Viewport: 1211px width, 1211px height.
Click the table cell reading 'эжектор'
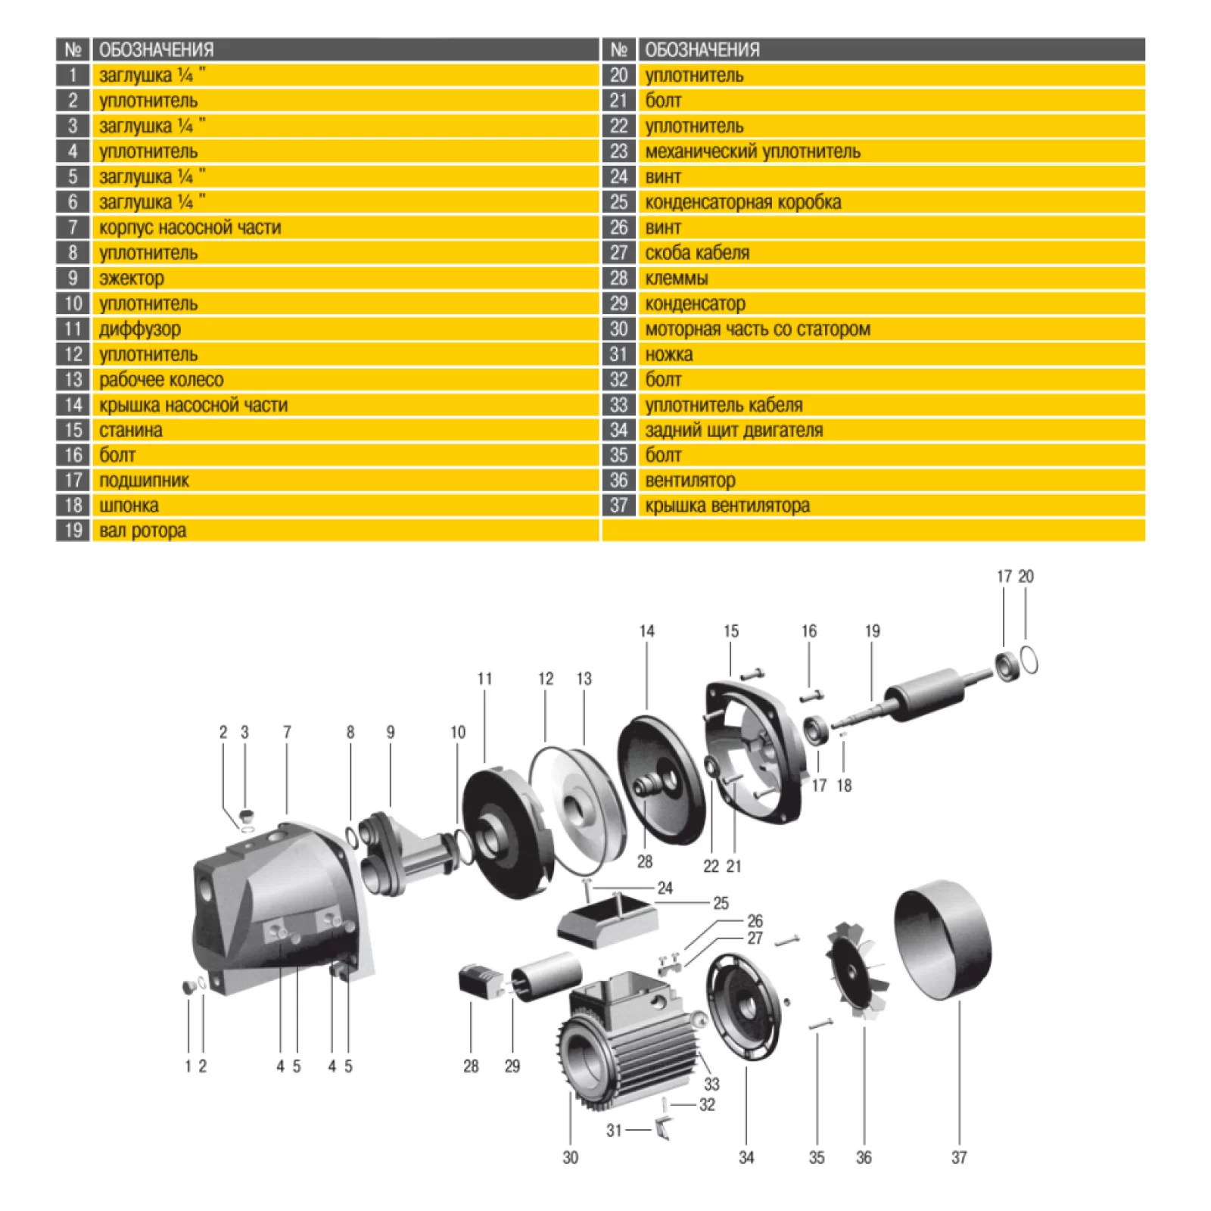pyautogui.click(x=132, y=279)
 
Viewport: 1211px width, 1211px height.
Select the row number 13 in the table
pyautogui.click(x=73, y=379)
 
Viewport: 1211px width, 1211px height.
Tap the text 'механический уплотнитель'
pyautogui.click(x=752, y=151)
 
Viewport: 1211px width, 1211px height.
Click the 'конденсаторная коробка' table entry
pyautogui.click(x=742, y=202)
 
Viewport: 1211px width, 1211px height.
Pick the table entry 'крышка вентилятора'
pyautogui.click(x=727, y=506)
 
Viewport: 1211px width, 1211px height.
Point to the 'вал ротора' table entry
pyautogui.click(x=142, y=531)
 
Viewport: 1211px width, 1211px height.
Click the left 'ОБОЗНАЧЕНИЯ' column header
pyautogui.click(x=156, y=50)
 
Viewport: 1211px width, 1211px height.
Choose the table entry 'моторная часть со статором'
pyautogui.click(x=758, y=329)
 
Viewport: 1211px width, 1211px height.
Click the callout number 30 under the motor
pyautogui.click(x=571, y=1157)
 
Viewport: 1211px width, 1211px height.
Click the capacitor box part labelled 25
pyautogui.click(x=608, y=917)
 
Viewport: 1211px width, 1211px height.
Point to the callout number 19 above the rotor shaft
pyautogui.click(x=872, y=631)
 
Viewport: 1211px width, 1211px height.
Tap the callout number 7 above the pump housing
pyautogui.click(x=287, y=732)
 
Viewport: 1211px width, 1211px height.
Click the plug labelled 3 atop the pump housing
pyautogui.click(x=246, y=816)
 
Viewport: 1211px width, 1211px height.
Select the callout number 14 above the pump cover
pyautogui.click(x=646, y=631)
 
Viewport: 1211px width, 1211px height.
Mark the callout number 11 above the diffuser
pyautogui.click(x=484, y=679)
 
